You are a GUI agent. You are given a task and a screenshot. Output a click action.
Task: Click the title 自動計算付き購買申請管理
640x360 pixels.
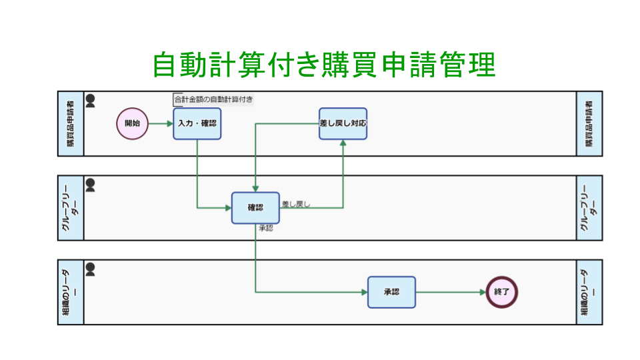click(323, 65)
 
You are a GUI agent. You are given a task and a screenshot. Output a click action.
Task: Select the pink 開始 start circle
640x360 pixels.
click(132, 123)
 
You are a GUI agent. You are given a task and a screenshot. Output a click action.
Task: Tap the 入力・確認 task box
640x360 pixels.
click(197, 123)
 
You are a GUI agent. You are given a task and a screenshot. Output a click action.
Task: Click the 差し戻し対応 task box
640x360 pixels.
click(343, 123)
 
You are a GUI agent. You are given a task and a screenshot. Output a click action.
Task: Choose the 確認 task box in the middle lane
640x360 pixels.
click(255, 208)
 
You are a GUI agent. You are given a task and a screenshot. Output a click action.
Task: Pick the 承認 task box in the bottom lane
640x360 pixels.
click(391, 292)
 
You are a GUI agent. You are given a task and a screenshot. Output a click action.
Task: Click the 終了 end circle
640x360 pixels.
click(501, 292)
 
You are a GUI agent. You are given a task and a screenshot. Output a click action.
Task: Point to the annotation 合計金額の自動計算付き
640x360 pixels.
click(213, 100)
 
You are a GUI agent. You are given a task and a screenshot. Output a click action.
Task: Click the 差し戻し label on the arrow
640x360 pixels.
click(296, 204)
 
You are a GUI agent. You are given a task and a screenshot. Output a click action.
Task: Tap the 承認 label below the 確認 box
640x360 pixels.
click(265, 228)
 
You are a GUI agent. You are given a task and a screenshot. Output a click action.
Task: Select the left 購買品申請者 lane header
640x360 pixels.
click(71, 123)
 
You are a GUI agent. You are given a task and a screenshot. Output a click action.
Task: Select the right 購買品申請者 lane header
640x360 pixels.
click(589, 123)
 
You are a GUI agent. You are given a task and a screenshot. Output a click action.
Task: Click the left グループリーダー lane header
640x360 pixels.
click(71, 208)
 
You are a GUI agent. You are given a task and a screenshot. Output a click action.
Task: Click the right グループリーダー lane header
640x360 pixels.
click(589, 208)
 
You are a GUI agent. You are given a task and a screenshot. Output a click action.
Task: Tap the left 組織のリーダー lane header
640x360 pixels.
click(71, 292)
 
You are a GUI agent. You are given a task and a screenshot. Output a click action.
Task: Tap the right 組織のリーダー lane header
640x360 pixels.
click(589, 292)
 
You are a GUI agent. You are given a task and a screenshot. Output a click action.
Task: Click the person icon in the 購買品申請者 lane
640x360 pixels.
click(91, 101)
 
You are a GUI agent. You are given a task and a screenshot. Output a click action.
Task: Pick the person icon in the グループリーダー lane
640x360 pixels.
click(91, 185)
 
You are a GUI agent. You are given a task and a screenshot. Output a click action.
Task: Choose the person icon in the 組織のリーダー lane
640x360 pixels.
click(91, 269)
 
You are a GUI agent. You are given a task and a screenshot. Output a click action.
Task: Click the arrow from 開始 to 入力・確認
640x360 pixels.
click(160, 123)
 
